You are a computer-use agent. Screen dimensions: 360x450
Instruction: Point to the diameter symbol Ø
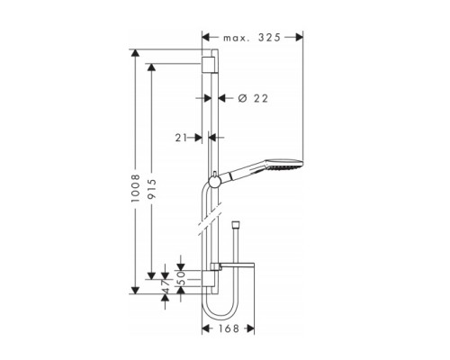pyautogui.click(x=242, y=97)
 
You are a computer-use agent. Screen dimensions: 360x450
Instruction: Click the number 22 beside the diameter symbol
pyautogui.click(x=261, y=97)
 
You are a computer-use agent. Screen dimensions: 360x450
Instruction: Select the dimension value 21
pyautogui.click(x=184, y=138)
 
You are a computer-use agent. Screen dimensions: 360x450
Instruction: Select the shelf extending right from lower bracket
pyautogui.click(x=238, y=265)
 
